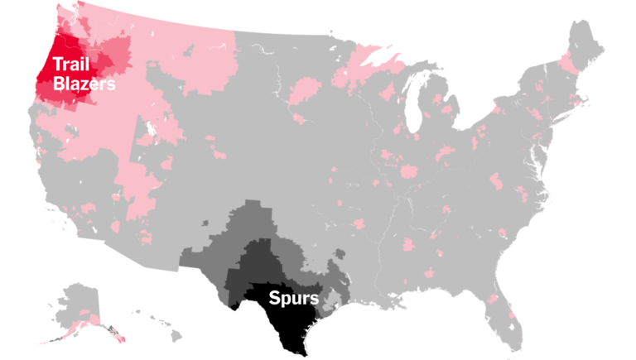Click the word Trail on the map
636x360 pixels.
pos(72,65)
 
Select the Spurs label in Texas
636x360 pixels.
pos(293,297)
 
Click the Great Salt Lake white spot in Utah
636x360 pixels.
pos(149,132)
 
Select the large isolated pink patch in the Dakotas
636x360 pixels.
pos(306,87)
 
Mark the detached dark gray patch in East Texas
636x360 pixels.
pos(335,270)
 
